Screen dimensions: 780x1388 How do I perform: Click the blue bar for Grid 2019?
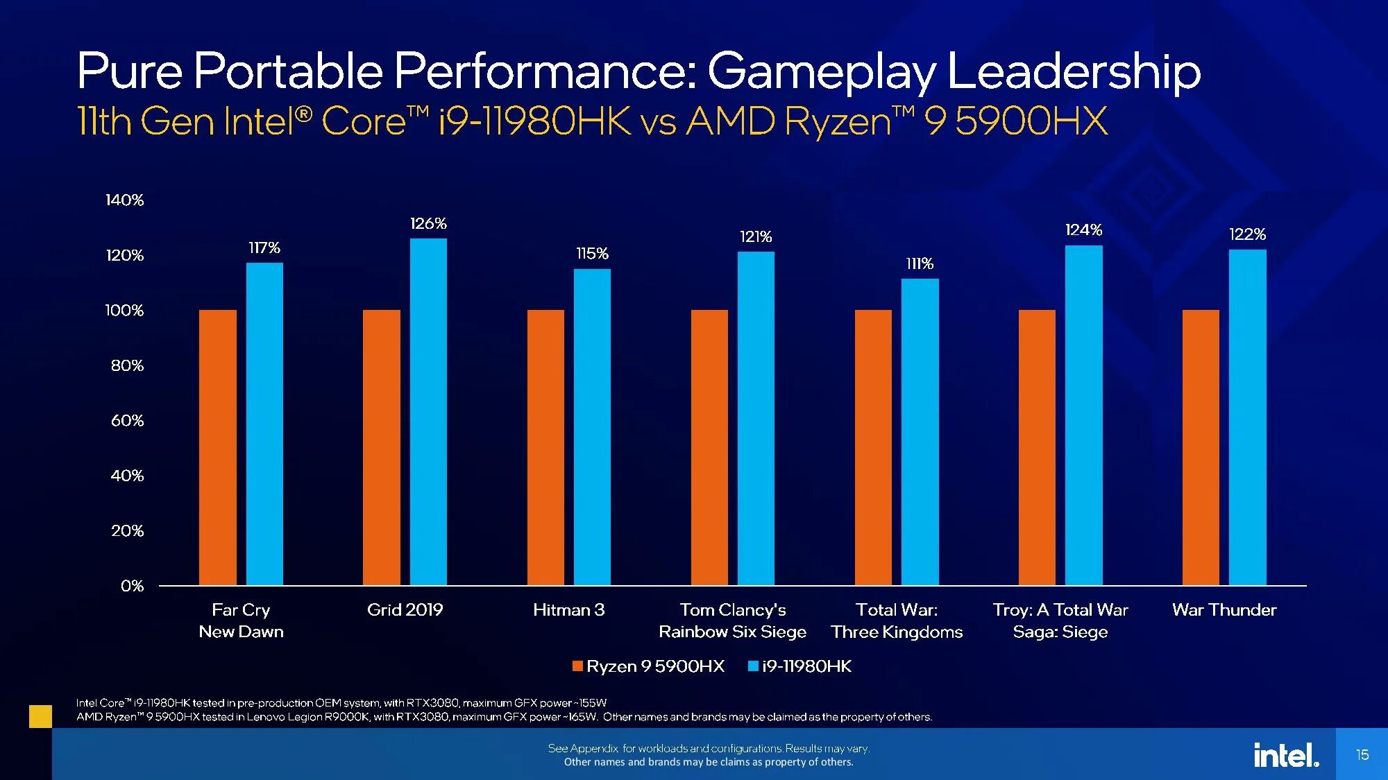[x=428, y=412]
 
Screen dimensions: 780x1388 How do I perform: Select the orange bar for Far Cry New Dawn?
[x=218, y=447]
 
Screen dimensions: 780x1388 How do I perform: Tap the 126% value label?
[x=428, y=223]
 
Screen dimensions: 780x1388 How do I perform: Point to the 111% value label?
[x=920, y=263]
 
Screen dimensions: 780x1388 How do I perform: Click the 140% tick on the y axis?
[x=125, y=200]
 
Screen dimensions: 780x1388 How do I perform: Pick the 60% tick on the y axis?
[x=128, y=421]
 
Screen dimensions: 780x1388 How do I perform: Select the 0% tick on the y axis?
[x=132, y=586]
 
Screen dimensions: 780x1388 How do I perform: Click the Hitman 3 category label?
[x=568, y=610]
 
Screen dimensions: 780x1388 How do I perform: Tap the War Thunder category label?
[x=1224, y=610]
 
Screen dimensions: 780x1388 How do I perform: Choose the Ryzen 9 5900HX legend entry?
[x=648, y=666]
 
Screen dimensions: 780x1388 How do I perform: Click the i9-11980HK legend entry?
[x=800, y=666]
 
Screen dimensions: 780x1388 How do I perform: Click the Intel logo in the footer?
[x=1286, y=754]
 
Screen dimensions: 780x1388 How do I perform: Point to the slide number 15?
[x=1362, y=754]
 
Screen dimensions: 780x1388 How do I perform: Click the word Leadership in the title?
[x=1074, y=71]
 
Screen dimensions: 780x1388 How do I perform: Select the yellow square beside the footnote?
[x=40, y=716]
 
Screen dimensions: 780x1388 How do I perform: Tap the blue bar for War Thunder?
[x=1247, y=417]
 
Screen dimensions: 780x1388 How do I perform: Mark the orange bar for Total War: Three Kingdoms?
[x=873, y=447]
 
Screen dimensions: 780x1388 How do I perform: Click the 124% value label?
[x=1083, y=229]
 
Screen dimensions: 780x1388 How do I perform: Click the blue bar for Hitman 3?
[x=592, y=427]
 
